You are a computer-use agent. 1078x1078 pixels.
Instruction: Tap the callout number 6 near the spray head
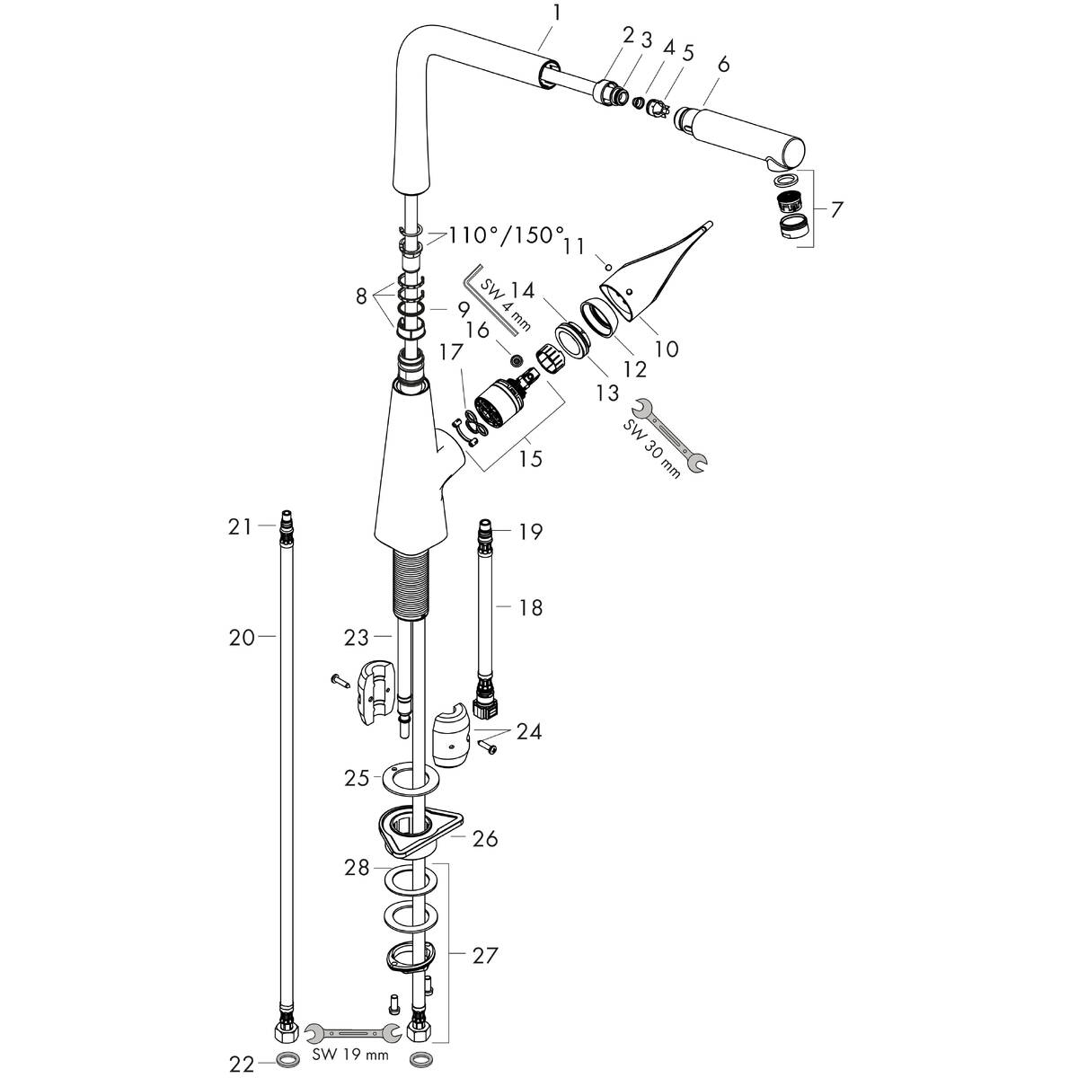tap(724, 64)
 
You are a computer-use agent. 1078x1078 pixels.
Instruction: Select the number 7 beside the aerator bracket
tap(837, 210)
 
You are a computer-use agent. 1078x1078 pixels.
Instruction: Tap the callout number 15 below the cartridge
tap(530, 458)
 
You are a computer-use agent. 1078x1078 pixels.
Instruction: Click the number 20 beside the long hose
tap(242, 637)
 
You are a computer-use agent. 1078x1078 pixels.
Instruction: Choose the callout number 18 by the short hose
tap(531, 608)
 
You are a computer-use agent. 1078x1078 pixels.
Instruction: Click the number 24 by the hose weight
tap(529, 731)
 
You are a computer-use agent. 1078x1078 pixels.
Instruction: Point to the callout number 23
tap(357, 637)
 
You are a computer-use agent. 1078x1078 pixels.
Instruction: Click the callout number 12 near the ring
tap(635, 369)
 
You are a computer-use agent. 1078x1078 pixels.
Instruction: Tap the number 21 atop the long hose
tap(239, 528)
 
